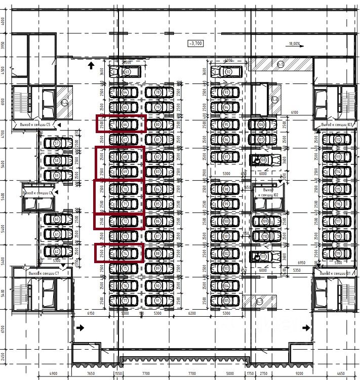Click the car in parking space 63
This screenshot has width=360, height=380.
click(x=127, y=72)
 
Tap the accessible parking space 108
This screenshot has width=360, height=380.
click(x=263, y=160)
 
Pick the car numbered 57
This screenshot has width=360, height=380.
click(x=58, y=144)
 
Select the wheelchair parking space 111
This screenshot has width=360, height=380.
click(x=263, y=257)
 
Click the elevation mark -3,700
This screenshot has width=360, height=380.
click(x=195, y=44)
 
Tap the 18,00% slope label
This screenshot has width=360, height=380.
click(x=294, y=44)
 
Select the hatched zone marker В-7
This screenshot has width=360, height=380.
click(x=259, y=302)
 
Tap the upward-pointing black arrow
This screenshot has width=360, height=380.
click(x=91, y=65)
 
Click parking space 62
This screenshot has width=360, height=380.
click(x=58, y=251)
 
